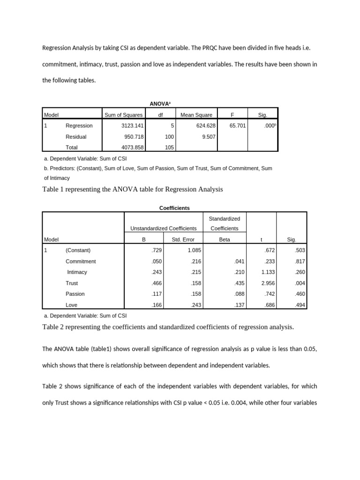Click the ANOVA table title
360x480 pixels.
160,103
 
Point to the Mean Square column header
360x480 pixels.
196,115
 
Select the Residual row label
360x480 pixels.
76,137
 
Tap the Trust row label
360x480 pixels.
72,283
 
